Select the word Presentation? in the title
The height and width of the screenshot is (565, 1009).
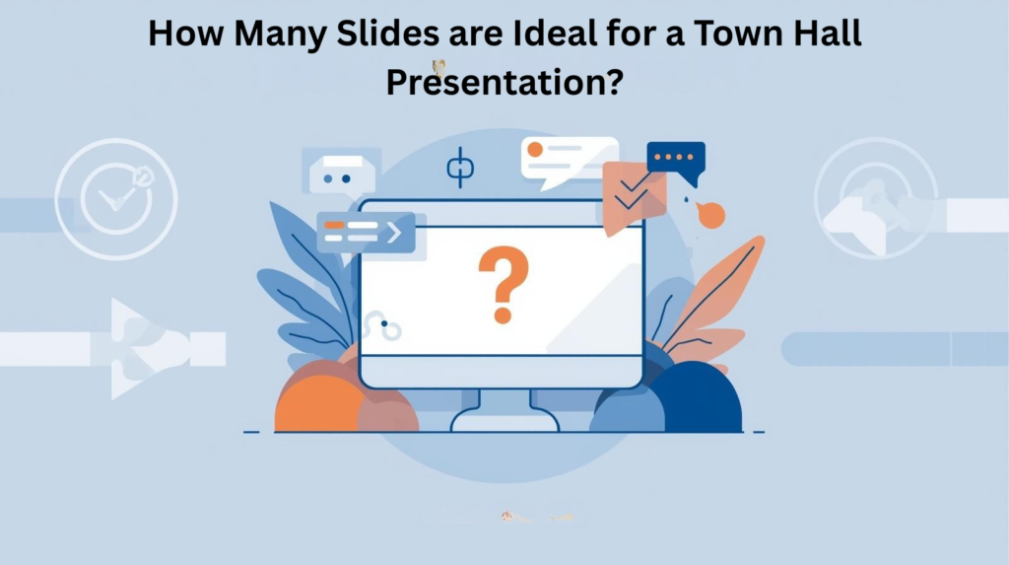click(x=504, y=81)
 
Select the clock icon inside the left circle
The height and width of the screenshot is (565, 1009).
click(x=115, y=198)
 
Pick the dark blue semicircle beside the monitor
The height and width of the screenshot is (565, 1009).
click(x=697, y=399)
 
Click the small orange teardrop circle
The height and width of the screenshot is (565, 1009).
click(x=710, y=215)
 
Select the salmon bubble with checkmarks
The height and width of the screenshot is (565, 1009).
click(x=632, y=195)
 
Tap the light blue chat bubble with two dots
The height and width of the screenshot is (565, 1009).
click(x=342, y=173)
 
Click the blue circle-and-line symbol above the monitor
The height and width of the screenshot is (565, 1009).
click(x=460, y=168)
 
